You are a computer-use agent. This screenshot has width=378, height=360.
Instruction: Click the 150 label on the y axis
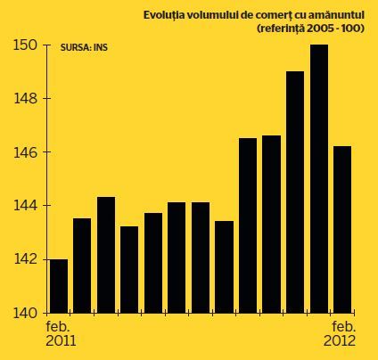(x=25, y=45)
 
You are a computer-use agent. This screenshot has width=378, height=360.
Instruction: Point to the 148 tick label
(x=26, y=99)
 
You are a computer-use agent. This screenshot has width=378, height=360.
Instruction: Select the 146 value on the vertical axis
(x=26, y=152)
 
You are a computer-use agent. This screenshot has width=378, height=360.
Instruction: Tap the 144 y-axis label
(x=26, y=206)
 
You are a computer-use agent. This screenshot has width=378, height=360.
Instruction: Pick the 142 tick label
(x=26, y=259)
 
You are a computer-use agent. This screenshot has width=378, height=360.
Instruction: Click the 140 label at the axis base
(x=25, y=313)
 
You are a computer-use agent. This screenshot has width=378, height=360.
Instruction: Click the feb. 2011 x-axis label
(x=61, y=333)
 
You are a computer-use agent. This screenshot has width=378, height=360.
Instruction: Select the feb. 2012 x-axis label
(x=340, y=333)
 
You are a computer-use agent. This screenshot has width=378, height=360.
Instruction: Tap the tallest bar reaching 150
(x=319, y=179)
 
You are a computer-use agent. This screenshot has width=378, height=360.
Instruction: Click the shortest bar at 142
(x=59, y=286)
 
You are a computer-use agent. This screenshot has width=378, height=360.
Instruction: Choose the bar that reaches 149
(x=295, y=192)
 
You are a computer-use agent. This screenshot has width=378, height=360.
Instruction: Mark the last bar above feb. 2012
(x=342, y=230)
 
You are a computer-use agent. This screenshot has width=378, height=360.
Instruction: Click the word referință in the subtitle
(x=280, y=29)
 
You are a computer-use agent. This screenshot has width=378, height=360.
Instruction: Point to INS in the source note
(x=101, y=48)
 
